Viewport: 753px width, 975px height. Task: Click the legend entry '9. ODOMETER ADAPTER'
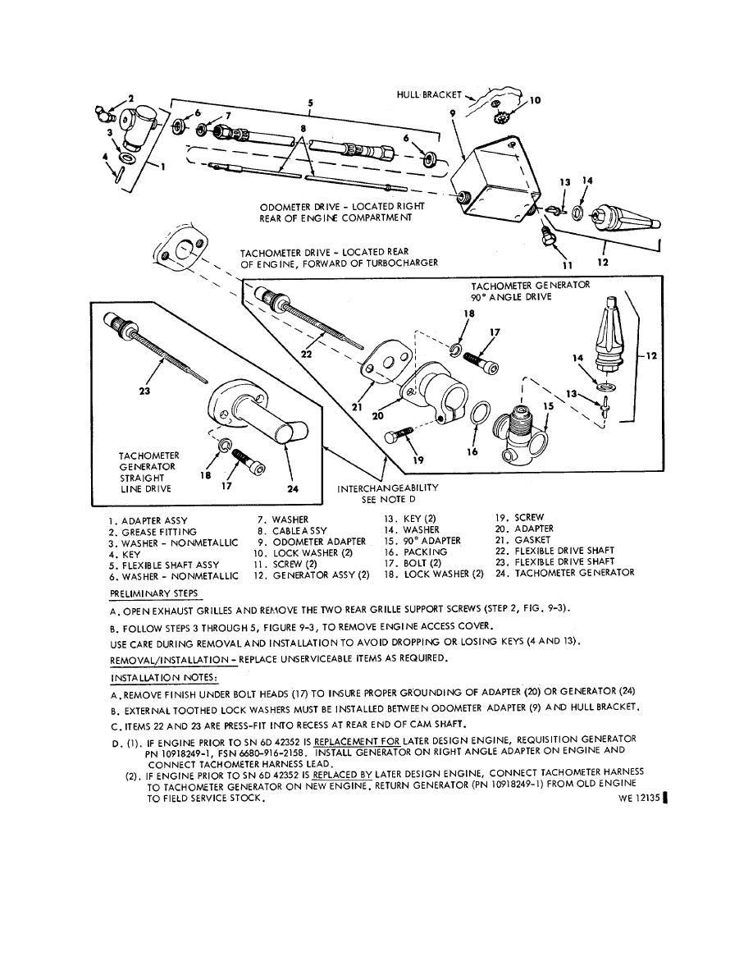pyautogui.click(x=314, y=542)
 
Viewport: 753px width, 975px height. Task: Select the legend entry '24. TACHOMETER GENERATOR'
pyautogui.click(x=565, y=573)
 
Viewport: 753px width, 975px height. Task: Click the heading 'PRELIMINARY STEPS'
pyautogui.click(x=153, y=593)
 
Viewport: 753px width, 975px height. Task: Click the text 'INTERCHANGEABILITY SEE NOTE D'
pyautogui.click(x=388, y=492)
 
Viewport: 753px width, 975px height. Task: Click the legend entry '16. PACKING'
pyautogui.click(x=416, y=552)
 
